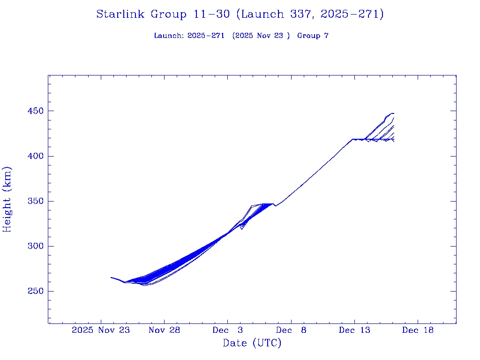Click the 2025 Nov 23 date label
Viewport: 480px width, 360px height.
pos(101,330)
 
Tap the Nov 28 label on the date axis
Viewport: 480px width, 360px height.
pos(165,330)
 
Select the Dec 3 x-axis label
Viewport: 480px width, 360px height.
pos(228,330)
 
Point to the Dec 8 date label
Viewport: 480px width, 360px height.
pos(291,330)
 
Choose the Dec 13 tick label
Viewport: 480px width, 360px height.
pos(354,330)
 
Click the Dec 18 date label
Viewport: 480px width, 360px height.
pos(418,330)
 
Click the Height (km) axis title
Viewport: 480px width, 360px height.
pos(7,199)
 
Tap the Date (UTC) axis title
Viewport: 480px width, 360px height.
pos(252,343)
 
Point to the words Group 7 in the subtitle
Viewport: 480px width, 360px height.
pos(313,36)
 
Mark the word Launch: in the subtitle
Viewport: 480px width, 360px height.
pos(169,36)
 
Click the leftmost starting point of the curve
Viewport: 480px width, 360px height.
pos(111,277)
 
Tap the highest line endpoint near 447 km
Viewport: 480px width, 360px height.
pos(393,113)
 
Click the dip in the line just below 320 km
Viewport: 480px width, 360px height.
pos(241,229)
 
